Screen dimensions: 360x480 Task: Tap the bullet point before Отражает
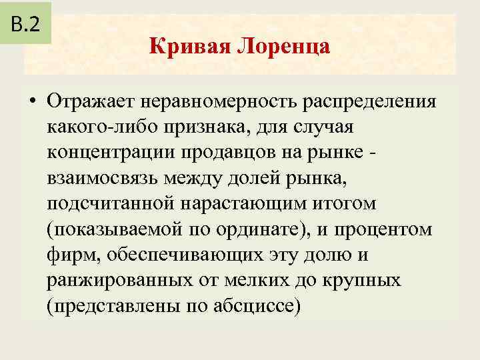tap(32, 103)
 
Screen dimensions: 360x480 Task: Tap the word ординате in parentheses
tap(237, 229)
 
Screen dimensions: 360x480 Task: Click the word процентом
tap(383, 229)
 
